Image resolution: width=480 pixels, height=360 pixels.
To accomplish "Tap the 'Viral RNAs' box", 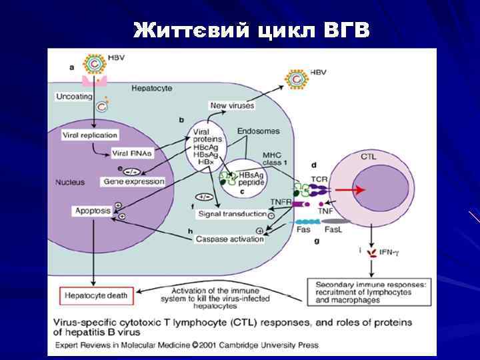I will pyautogui.click(x=132, y=153).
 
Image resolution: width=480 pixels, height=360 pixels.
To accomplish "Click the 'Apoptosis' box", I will pyautogui.click(x=93, y=211).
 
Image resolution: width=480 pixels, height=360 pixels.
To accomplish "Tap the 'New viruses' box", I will pyautogui.click(x=228, y=105).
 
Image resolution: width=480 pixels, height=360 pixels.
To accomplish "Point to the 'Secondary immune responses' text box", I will pyautogui.click(x=368, y=291).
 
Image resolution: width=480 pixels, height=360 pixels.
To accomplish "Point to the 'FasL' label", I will pyautogui.click(x=333, y=229).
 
